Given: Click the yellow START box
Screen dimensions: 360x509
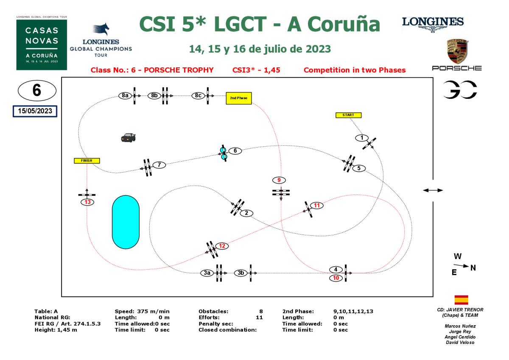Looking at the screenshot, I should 348,115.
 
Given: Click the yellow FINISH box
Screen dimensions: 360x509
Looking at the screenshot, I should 87,161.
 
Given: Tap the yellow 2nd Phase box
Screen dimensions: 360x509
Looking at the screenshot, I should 239,98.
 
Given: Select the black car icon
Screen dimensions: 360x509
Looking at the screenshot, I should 128,137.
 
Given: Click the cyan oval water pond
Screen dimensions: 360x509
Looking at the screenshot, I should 126,222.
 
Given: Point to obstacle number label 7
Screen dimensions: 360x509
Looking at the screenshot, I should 159,165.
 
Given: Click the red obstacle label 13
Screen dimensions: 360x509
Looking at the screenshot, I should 87,202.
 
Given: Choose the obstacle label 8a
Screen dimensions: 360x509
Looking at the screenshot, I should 124,95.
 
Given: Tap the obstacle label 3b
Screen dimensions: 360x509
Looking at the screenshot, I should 241,273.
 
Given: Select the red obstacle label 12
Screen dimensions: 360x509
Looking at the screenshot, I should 222,246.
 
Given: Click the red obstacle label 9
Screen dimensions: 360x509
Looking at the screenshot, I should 279,180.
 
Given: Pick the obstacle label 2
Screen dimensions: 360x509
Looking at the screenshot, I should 246,213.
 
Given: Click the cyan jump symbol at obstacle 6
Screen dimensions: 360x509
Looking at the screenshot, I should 224,153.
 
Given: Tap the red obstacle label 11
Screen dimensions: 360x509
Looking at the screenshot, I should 317,206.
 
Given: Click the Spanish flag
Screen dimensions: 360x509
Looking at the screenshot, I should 461,300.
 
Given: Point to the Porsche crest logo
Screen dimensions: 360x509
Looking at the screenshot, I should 457,52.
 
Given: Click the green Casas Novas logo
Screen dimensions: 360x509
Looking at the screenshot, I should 42,44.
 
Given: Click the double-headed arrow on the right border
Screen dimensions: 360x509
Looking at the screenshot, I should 433,190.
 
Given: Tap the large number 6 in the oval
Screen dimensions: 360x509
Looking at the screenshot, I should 37,91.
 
